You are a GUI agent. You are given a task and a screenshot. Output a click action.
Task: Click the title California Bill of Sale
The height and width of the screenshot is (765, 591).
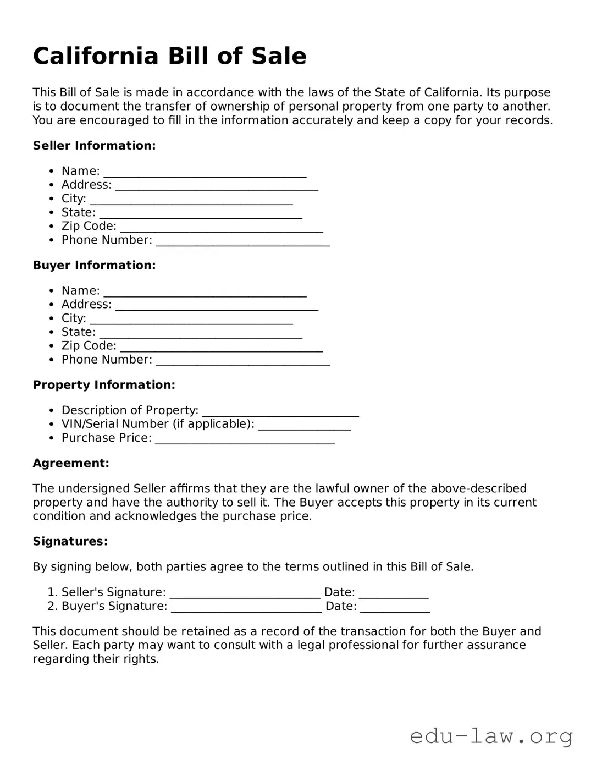(x=169, y=56)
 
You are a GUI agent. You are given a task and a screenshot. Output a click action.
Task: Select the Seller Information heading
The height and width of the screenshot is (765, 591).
(x=94, y=146)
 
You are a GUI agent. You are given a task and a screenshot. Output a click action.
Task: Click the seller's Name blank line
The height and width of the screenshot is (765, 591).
(x=205, y=173)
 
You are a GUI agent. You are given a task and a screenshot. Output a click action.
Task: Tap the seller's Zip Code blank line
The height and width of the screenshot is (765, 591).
(x=221, y=228)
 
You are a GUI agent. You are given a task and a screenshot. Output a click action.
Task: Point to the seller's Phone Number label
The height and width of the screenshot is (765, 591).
(x=107, y=240)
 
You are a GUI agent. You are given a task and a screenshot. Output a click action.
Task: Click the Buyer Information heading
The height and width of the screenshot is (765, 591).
(x=94, y=265)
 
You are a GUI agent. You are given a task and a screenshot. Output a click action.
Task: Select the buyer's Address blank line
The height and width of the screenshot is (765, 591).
(x=217, y=306)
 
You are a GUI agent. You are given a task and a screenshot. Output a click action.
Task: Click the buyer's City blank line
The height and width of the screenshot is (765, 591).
(x=191, y=320)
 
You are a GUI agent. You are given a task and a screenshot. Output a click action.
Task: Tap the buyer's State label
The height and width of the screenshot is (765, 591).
(x=78, y=332)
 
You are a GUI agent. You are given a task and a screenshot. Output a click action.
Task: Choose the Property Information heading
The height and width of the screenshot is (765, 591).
(x=104, y=385)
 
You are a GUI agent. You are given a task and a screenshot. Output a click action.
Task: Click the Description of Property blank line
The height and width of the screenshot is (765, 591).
(x=280, y=412)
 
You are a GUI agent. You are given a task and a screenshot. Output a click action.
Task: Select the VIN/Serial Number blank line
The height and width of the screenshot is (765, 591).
(x=304, y=426)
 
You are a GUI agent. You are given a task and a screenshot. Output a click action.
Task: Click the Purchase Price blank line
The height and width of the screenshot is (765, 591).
(x=245, y=440)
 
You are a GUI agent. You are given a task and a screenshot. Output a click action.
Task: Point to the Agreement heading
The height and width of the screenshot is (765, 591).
(x=71, y=463)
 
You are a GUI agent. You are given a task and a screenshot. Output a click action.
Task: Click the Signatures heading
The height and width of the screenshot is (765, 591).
(x=70, y=541)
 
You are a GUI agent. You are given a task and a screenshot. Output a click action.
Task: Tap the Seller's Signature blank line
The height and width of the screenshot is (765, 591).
(x=245, y=594)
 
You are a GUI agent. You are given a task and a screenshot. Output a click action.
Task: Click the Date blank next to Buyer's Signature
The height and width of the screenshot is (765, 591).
(x=395, y=608)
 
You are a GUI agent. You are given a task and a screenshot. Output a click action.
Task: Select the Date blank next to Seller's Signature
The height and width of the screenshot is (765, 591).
(x=393, y=594)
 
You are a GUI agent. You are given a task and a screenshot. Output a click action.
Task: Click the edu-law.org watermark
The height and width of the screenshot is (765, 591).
(x=491, y=736)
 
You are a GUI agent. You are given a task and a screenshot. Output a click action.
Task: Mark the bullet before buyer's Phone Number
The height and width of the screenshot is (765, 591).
(x=51, y=360)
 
